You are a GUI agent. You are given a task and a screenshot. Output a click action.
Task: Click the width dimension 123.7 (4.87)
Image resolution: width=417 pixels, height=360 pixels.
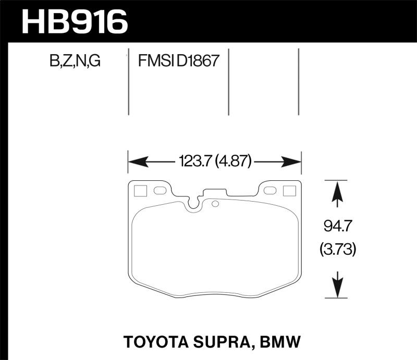[x=215, y=163]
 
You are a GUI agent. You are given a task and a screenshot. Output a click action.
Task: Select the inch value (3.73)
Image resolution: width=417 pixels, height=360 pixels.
[x=337, y=251]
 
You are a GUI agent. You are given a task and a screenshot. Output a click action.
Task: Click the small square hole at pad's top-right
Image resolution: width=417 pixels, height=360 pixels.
[x=289, y=191]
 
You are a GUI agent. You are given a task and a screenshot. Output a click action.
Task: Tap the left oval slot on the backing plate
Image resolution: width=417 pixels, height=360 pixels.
[x=160, y=191]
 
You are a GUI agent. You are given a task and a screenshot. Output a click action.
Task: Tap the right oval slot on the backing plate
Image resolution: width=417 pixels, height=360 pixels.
[x=270, y=191]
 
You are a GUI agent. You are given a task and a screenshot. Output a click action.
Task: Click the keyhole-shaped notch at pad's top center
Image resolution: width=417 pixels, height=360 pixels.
[x=194, y=204]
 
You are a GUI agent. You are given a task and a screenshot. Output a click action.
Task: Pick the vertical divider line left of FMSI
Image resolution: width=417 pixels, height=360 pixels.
[x=129, y=83]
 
